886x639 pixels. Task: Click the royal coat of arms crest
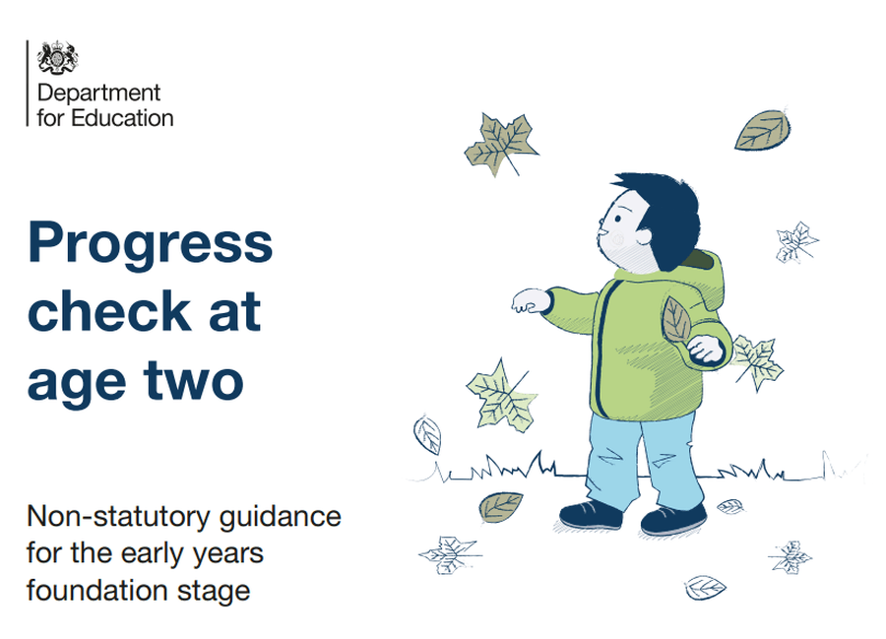(x=58, y=58)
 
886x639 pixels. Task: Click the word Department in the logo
(x=98, y=93)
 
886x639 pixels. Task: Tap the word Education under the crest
(x=122, y=119)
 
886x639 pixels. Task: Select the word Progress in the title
(x=151, y=243)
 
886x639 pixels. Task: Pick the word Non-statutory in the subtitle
(x=118, y=516)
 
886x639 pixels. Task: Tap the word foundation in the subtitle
(x=96, y=591)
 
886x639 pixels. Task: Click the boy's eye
(x=618, y=219)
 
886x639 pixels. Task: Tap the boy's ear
(x=643, y=235)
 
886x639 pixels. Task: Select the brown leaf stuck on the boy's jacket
(x=675, y=320)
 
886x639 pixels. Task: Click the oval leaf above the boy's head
(x=762, y=131)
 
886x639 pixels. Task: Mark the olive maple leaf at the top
(x=500, y=144)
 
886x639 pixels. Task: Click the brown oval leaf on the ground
(x=501, y=506)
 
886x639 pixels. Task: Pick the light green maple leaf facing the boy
(x=502, y=397)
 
